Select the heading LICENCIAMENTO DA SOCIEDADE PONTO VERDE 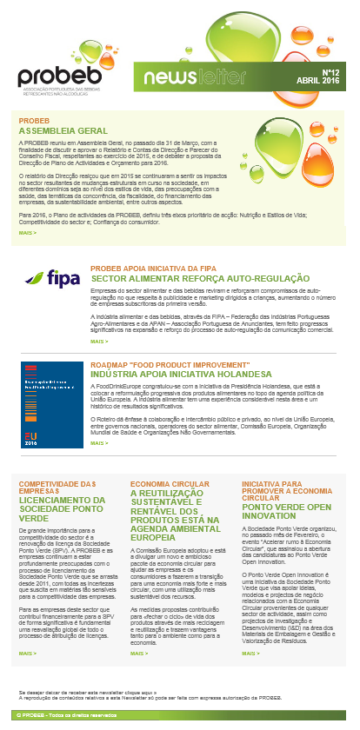click(62, 508)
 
